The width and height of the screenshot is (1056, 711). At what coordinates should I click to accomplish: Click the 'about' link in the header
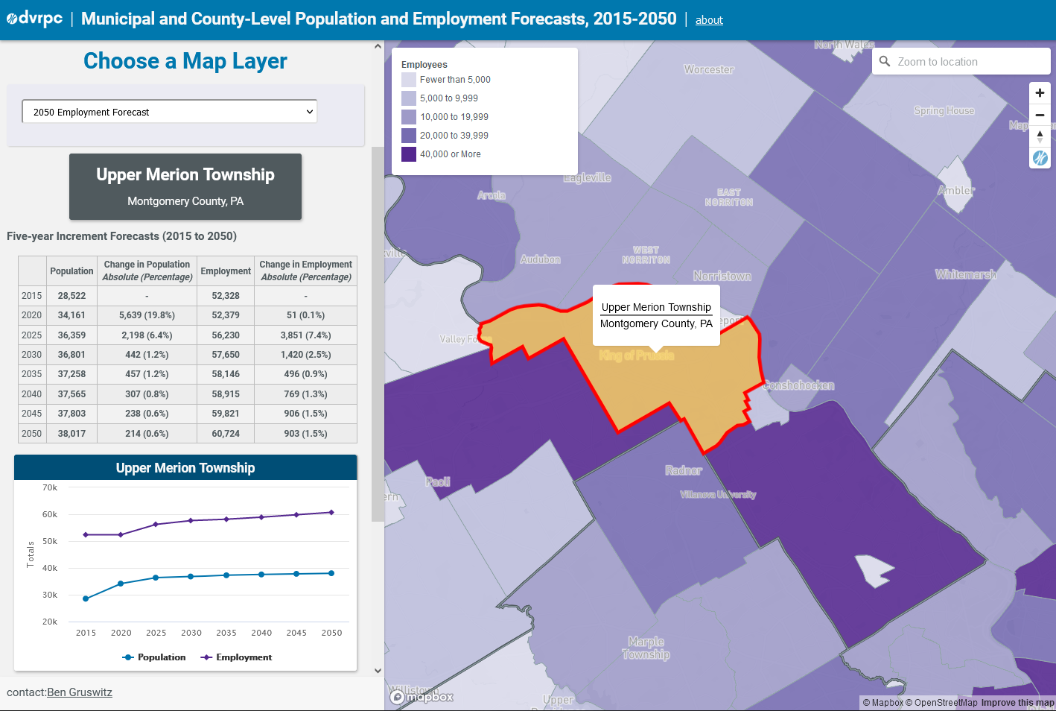tap(709, 20)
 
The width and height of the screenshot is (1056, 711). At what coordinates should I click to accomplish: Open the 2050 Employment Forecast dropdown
tap(170, 112)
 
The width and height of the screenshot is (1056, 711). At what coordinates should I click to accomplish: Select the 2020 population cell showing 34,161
tap(71, 315)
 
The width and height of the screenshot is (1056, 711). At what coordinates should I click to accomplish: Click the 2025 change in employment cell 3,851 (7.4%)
tap(305, 335)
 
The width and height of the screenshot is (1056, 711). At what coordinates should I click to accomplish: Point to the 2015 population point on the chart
tap(86, 598)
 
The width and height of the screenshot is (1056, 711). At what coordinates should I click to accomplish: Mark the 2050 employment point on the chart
tap(331, 512)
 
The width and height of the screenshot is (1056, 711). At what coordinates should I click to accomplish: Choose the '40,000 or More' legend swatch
tap(409, 154)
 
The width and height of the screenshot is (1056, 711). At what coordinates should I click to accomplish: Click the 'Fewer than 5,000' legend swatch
tap(409, 80)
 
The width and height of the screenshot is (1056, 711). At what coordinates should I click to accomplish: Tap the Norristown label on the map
tap(722, 276)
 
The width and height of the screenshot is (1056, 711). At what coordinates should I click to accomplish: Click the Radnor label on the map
tap(683, 470)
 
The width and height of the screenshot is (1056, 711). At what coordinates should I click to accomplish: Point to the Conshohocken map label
tap(798, 385)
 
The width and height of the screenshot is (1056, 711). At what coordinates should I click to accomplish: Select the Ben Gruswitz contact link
tap(80, 692)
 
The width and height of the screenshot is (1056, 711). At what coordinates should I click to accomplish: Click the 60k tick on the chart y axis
tap(50, 514)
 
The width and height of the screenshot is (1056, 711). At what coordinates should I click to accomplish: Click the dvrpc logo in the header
tap(34, 19)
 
